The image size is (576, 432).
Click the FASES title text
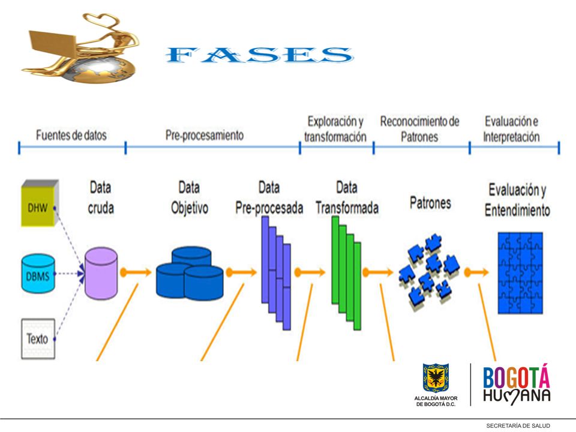coord(259,55)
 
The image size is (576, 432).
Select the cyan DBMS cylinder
coord(38,274)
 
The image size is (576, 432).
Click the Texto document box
coord(38,338)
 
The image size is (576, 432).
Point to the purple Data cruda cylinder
coord(101,274)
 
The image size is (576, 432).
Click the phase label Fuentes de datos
coord(71,135)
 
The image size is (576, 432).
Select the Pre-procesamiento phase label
coord(204,135)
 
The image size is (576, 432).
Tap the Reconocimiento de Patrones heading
coord(419,129)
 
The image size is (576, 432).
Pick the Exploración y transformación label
coord(335,129)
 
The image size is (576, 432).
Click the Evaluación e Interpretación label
coord(511,129)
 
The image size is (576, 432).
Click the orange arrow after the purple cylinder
coord(136,272)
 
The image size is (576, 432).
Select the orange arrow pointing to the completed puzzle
coord(476,272)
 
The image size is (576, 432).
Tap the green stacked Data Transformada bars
coord(346,272)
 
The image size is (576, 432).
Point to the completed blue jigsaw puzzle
coord(520,273)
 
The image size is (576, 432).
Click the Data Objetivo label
coord(189,197)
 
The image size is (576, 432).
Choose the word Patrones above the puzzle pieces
coord(430,203)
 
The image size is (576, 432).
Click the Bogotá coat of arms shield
coord(436,378)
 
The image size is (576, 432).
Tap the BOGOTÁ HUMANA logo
coord(517,384)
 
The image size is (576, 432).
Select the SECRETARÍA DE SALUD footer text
coord(518,426)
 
